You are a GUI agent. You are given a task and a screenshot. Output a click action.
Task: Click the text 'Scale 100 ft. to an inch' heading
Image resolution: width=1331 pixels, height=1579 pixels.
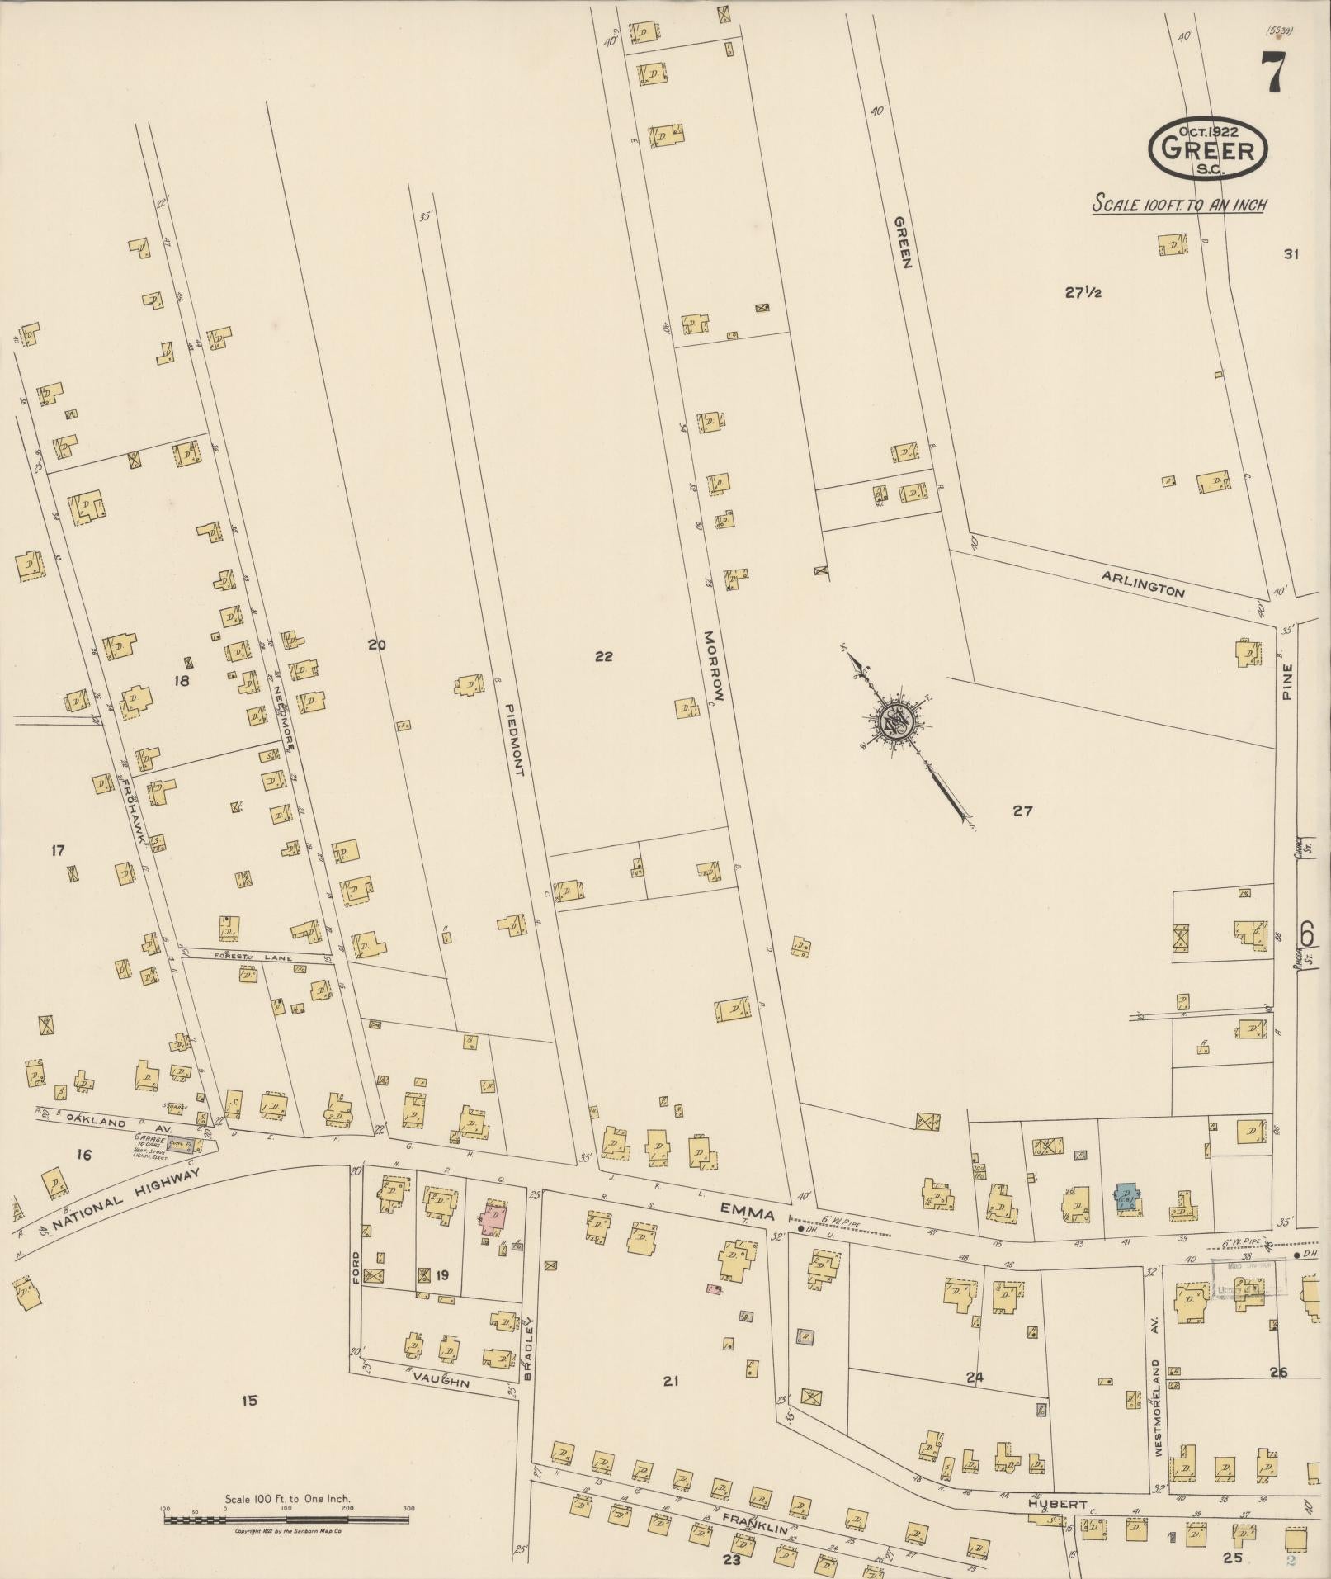pos(1179,205)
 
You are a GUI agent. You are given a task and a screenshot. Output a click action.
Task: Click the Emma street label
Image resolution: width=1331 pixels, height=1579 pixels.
pos(748,1213)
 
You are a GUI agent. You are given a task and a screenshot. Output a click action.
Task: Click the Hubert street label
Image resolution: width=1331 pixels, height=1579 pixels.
pos(1058,1504)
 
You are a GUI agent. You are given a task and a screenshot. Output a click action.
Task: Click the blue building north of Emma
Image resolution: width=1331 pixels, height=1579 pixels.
pos(1126,1198)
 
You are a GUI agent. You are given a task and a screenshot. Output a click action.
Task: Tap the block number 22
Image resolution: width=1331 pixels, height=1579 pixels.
pos(604,656)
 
